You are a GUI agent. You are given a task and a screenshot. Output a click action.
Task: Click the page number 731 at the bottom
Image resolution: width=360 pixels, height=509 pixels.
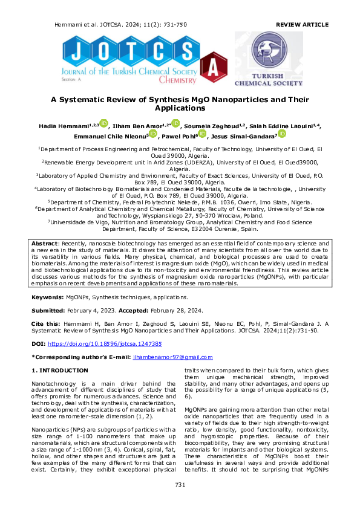point(180,485)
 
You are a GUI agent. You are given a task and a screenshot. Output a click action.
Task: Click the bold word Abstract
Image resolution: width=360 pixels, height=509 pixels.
point(44,259)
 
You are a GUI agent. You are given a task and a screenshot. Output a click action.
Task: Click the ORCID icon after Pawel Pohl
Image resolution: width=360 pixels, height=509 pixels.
point(202,135)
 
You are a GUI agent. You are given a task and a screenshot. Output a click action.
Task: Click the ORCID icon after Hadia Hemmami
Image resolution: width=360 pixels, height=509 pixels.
point(103,124)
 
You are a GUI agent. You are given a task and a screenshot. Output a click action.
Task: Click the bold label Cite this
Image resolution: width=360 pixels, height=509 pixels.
point(46,324)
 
